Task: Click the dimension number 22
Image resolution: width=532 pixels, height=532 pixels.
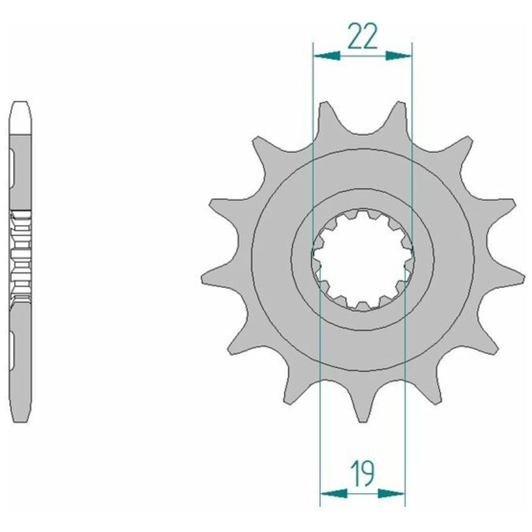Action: [x=363, y=36]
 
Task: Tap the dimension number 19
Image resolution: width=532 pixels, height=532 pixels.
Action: [x=363, y=473]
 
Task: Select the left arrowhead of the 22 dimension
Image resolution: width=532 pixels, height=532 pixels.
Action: [x=327, y=56]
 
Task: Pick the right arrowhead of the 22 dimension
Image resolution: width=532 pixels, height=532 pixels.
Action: [x=399, y=56]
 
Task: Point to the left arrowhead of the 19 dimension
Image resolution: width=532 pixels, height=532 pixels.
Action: [x=334, y=494]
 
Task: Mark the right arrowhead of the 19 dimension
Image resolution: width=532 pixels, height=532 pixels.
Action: [x=391, y=494]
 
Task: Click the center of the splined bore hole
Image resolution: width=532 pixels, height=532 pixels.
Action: [x=363, y=259]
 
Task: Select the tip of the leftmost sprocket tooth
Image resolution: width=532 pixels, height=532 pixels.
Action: [x=202, y=278]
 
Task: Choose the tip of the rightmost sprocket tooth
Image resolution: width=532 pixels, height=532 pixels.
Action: [x=524, y=278]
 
